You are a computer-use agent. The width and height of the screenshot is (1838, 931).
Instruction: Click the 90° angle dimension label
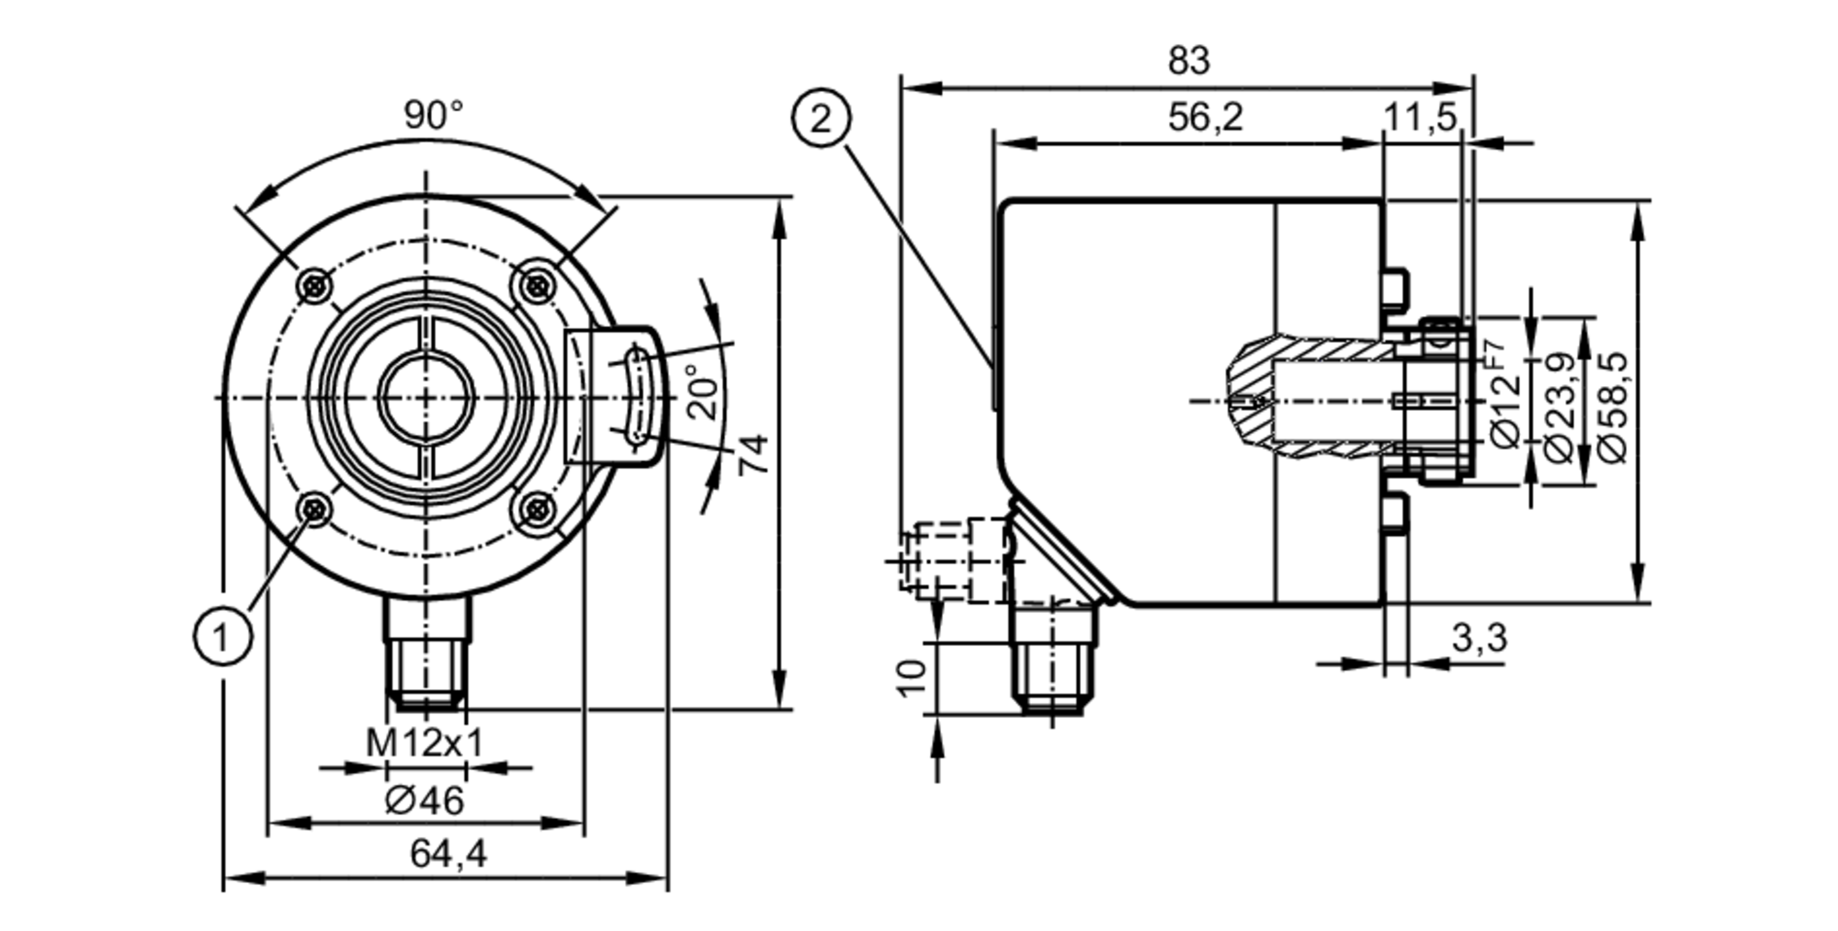coord(434,116)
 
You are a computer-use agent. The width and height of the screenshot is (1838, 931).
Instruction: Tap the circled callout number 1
coord(222,636)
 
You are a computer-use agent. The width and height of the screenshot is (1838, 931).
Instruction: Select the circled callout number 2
coord(821,119)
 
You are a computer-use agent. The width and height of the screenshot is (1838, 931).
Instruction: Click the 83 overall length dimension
coord(1188,61)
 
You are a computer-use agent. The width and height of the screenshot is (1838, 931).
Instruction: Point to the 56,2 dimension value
coord(1205,118)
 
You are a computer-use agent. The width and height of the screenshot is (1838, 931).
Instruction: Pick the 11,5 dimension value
coord(1420,118)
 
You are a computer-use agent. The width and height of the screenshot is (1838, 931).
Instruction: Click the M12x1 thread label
coord(425,743)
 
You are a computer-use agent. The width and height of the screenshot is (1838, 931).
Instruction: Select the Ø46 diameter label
coord(425,801)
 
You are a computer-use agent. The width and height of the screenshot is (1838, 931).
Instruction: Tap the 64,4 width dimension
coord(448,855)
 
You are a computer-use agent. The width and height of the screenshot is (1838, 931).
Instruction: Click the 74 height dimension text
coord(754,454)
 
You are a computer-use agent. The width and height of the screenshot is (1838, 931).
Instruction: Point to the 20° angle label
coord(705,392)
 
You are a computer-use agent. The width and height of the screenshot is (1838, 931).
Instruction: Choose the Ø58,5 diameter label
coord(1614,405)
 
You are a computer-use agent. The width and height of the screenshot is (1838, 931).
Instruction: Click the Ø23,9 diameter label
coord(1560,405)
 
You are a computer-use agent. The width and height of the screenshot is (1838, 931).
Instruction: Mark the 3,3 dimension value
coord(1479,637)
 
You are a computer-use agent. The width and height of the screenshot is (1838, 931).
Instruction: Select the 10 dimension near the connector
coord(913,678)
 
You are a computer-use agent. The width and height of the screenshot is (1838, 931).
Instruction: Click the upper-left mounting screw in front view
coord(316,286)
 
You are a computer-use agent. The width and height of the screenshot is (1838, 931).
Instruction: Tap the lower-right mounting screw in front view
coord(537,509)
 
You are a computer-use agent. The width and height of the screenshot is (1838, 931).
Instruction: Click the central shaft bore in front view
coord(425,397)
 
